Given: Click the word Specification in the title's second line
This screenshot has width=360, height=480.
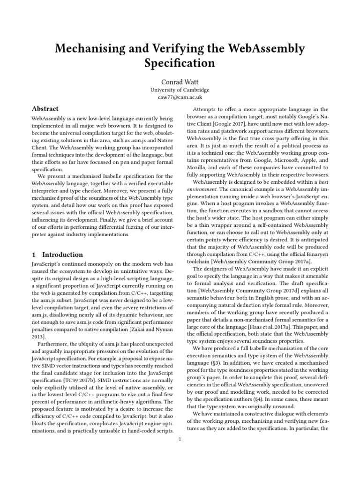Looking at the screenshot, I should pos(180,63).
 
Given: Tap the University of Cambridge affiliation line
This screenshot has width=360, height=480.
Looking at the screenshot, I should pos(180,90).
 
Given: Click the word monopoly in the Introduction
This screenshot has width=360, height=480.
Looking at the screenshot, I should pos(101,265).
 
